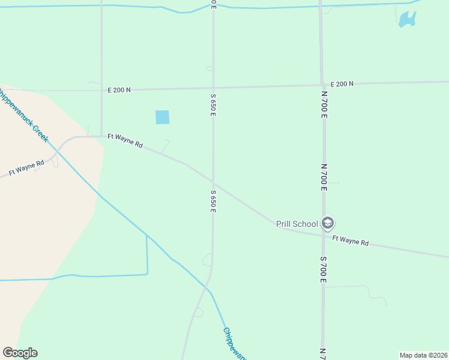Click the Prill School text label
coord(297,224)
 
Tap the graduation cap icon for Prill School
coord(327,224)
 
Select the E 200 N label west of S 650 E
coord(119,90)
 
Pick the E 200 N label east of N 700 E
coord(342,83)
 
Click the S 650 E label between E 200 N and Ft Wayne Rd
coord(213,105)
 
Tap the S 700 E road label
coord(323,269)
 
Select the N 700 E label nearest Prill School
coord(324,178)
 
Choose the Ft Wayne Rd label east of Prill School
coord(350,241)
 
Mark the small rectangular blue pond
coord(162,117)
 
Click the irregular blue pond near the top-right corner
coord(407,19)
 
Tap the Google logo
coord(20,353)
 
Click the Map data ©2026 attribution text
coord(423,355)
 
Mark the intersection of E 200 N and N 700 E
coord(322,85)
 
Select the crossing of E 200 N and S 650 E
coord(213,88)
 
